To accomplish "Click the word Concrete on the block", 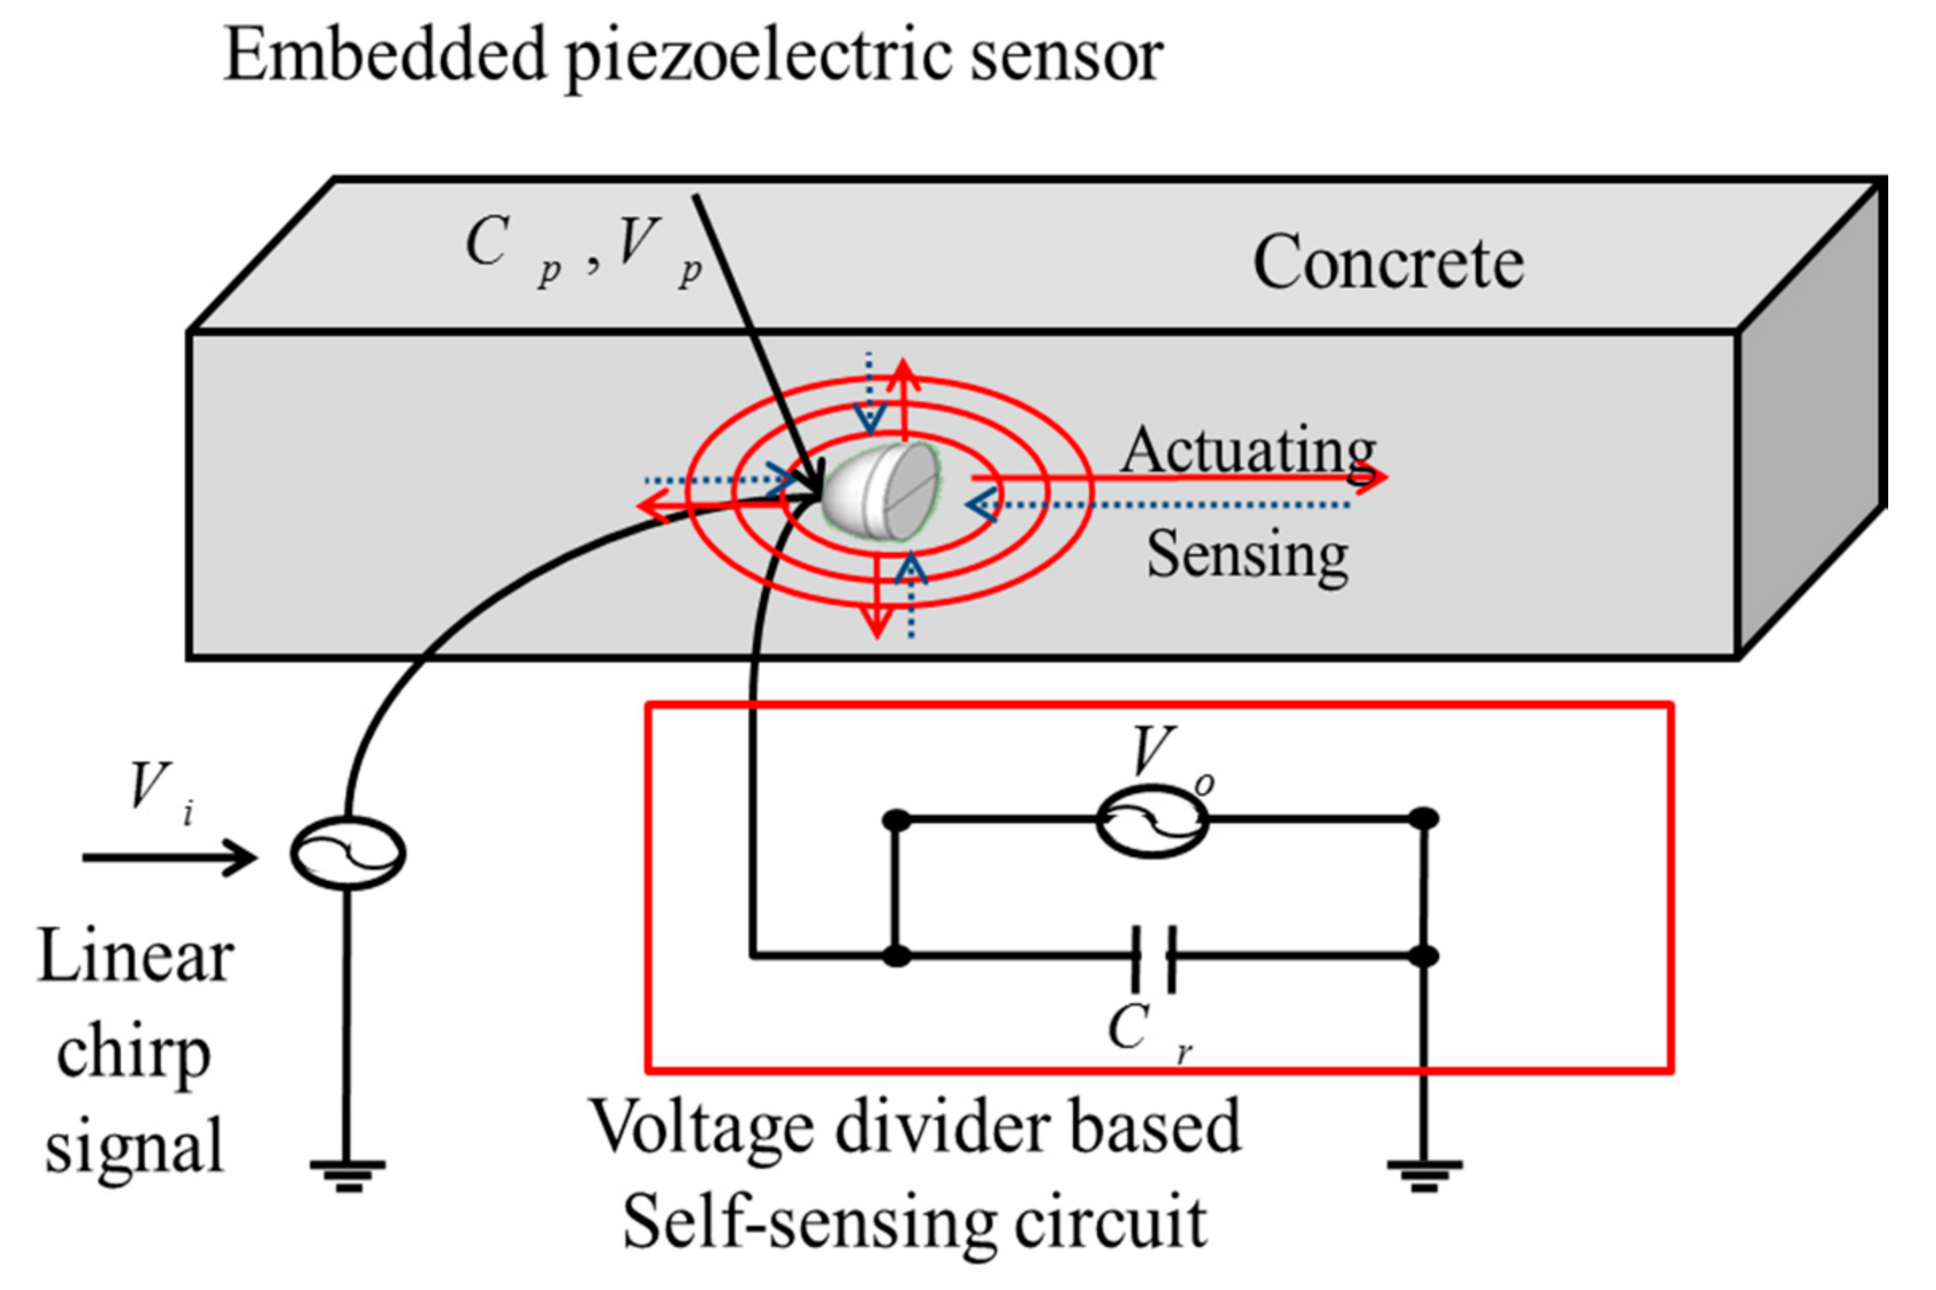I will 1388,263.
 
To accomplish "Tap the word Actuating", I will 1247,450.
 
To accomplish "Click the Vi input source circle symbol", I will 348,854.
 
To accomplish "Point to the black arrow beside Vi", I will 169,858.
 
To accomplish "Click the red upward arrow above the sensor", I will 904,395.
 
